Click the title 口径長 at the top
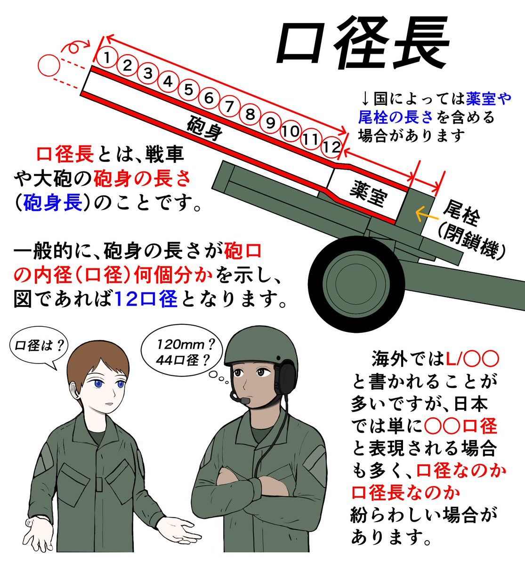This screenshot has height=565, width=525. pyautogui.click(x=362, y=45)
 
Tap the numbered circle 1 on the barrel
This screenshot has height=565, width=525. pyautogui.click(x=107, y=58)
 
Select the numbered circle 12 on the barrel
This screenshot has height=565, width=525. pyautogui.click(x=331, y=147)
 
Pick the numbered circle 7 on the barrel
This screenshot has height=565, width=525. pyautogui.click(x=229, y=106)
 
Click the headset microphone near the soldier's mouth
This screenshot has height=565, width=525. pyautogui.click(x=245, y=401)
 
